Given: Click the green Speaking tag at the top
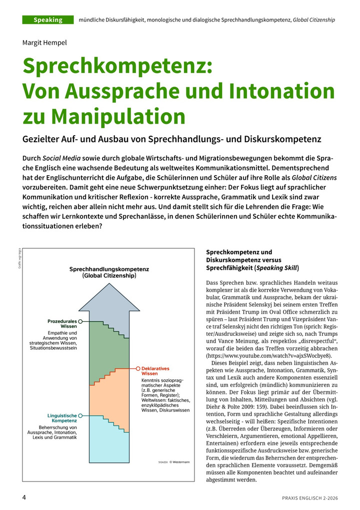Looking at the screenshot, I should click(x=48, y=20).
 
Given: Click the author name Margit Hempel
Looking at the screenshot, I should click(x=44, y=43).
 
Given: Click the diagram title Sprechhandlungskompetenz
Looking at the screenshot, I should click(x=109, y=269).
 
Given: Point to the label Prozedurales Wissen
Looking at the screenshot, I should click(x=61, y=323).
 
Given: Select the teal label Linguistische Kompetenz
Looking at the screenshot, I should click(x=62, y=418).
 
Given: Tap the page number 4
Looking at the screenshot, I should click(x=23, y=497).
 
